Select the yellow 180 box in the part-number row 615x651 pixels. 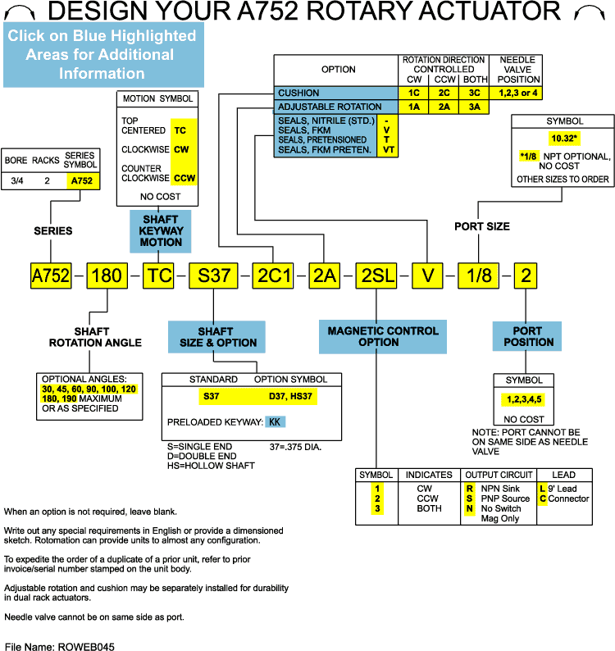[107, 275]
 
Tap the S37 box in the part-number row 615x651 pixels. [215, 275]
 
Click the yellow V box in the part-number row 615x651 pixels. [427, 275]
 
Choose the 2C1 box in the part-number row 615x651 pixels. [272, 275]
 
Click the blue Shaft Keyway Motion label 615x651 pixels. [161, 231]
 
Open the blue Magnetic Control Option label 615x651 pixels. [383, 336]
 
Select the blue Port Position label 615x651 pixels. [528, 336]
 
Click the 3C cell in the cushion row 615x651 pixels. [473, 93]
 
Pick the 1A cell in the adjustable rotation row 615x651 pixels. [415, 107]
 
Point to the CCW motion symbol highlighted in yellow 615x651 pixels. [183, 178]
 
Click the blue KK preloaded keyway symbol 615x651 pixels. [276, 421]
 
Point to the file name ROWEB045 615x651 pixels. [86, 647]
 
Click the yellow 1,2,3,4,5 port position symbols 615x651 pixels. [522, 399]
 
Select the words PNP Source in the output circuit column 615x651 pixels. [505, 498]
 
